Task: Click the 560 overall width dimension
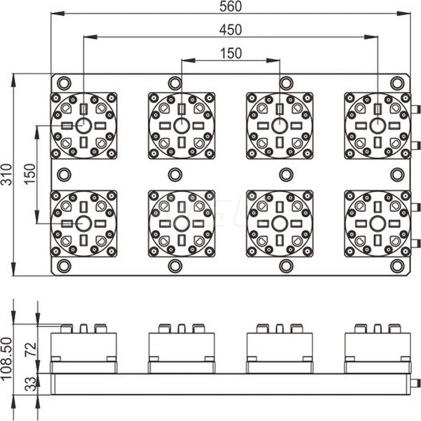(230, 7)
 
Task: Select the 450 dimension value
(230, 30)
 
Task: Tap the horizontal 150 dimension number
(231, 53)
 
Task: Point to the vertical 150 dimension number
(30, 174)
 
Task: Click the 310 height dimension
(7, 175)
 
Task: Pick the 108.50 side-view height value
(7, 358)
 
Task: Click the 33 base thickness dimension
(30, 384)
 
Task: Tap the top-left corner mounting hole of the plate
(64, 83)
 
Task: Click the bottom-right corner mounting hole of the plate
(397, 266)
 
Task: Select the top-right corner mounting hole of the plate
(397, 83)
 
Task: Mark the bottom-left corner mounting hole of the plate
(64, 266)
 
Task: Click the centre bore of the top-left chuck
(83, 125)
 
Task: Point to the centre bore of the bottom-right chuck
(378, 224)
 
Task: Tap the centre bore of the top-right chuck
(378, 125)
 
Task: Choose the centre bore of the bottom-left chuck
(83, 224)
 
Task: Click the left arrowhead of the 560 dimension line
(57, 13)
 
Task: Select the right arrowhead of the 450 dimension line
(371, 37)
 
